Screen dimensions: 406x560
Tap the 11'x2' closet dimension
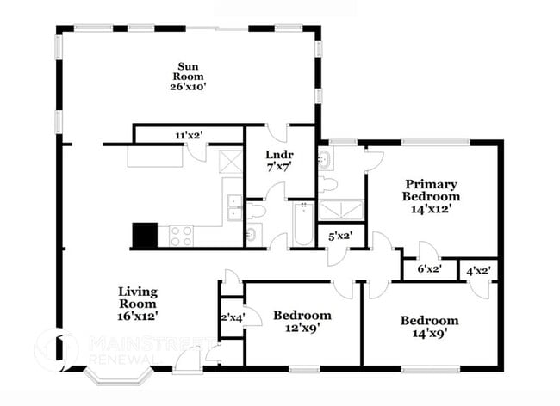point(190,135)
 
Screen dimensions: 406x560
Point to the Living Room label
point(137,298)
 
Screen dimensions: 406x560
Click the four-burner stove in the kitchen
point(181,236)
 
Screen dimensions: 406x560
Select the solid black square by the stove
point(145,235)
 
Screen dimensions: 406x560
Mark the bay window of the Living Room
point(116,375)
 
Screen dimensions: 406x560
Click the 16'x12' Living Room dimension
point(137,316)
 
